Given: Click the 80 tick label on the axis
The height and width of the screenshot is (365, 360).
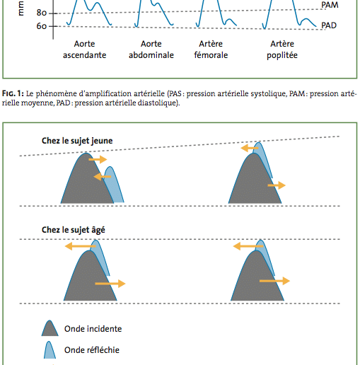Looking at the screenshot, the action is [42, 13].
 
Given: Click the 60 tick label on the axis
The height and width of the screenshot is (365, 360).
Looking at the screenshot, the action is [42, 26].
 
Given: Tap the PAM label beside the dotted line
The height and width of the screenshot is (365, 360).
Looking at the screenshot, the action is [330, 5].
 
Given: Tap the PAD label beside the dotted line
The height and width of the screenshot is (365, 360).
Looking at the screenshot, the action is [329, 25].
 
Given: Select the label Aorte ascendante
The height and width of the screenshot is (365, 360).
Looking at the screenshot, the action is [85, 50].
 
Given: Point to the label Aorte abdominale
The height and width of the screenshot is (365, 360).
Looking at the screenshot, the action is [151, 50].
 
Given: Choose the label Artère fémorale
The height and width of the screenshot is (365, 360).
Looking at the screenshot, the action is [211, 50].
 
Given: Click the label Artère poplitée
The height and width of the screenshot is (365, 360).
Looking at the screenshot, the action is [282, 50].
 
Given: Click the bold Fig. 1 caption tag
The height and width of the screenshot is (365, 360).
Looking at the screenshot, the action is [13, 93].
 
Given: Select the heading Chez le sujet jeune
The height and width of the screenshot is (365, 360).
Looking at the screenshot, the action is [77, 141].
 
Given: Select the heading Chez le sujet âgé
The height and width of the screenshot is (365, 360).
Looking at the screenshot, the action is [74, 230].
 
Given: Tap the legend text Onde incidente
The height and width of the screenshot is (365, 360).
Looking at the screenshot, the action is [93, 329].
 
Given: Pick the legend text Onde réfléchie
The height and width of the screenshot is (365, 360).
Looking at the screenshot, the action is [92, 350].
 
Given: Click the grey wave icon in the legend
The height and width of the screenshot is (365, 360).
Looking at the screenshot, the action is [50, 328].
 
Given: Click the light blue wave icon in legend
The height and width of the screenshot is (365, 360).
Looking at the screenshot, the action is [50, 350].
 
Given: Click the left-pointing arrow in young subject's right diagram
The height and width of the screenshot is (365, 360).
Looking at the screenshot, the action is [250, 149].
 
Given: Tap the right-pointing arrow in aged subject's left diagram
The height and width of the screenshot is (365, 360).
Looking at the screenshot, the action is [110, 284].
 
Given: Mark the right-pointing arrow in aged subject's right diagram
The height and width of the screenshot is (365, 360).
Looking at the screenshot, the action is [274, 281].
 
